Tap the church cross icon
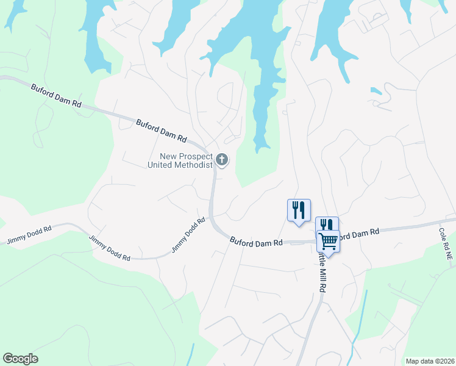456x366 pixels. click(222, 160)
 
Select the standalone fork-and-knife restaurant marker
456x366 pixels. click(299, 210)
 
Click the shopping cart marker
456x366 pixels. click(328, 241)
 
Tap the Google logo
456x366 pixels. click(20, 359)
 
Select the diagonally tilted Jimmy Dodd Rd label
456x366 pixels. click(188, 235)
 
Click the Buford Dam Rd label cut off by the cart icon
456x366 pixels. click(358, 234)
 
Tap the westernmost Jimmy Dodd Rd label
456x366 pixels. click(29, 235)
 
